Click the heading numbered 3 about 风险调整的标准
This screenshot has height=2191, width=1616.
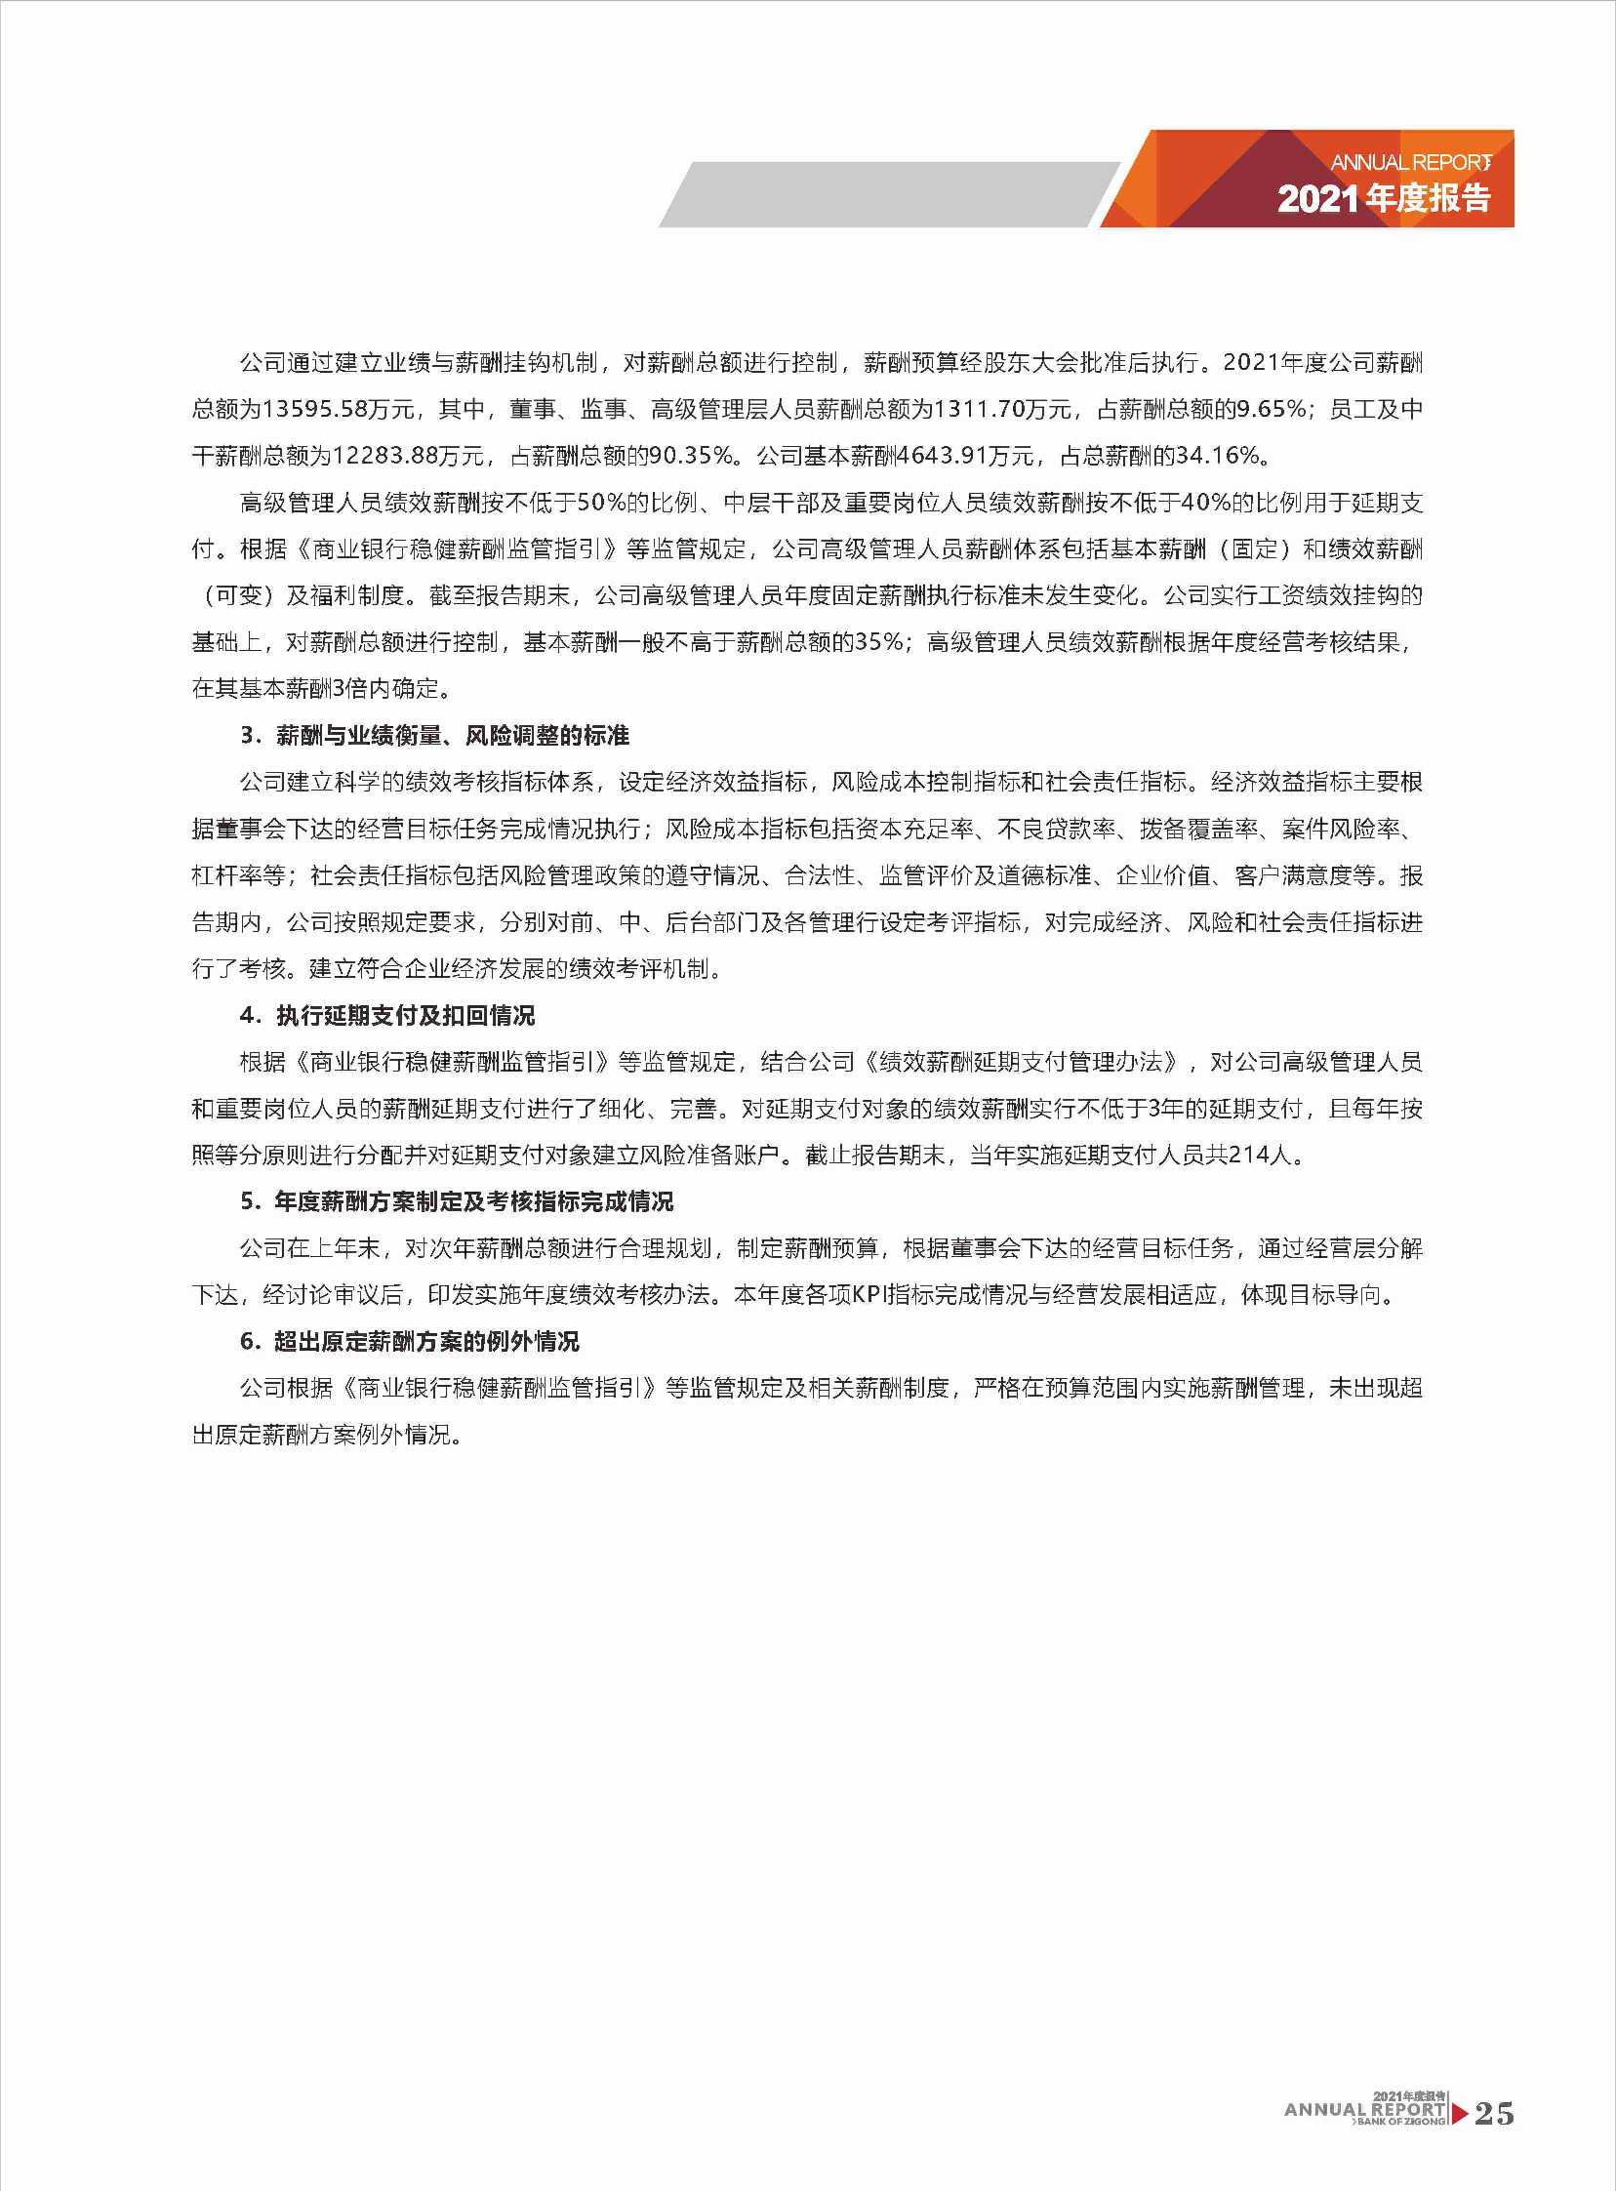pos(434,736)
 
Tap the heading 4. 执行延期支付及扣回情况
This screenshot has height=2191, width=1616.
pos(387,1015)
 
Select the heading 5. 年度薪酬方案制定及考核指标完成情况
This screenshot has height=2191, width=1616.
pos(457,1201)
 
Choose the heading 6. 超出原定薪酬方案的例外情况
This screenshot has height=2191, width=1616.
pos(410,1341)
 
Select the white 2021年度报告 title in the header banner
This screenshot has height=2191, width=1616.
pos(1383,198)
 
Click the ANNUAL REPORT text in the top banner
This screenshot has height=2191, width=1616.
pos(1409,162)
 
